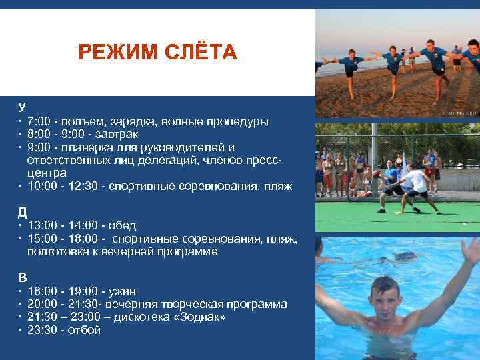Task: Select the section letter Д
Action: point(22,212)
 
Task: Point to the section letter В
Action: point(22,277)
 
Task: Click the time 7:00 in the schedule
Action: point(39,122)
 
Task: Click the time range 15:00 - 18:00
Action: point(63,238)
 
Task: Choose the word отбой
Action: point(84,329)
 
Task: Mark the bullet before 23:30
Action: point(20,329)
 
